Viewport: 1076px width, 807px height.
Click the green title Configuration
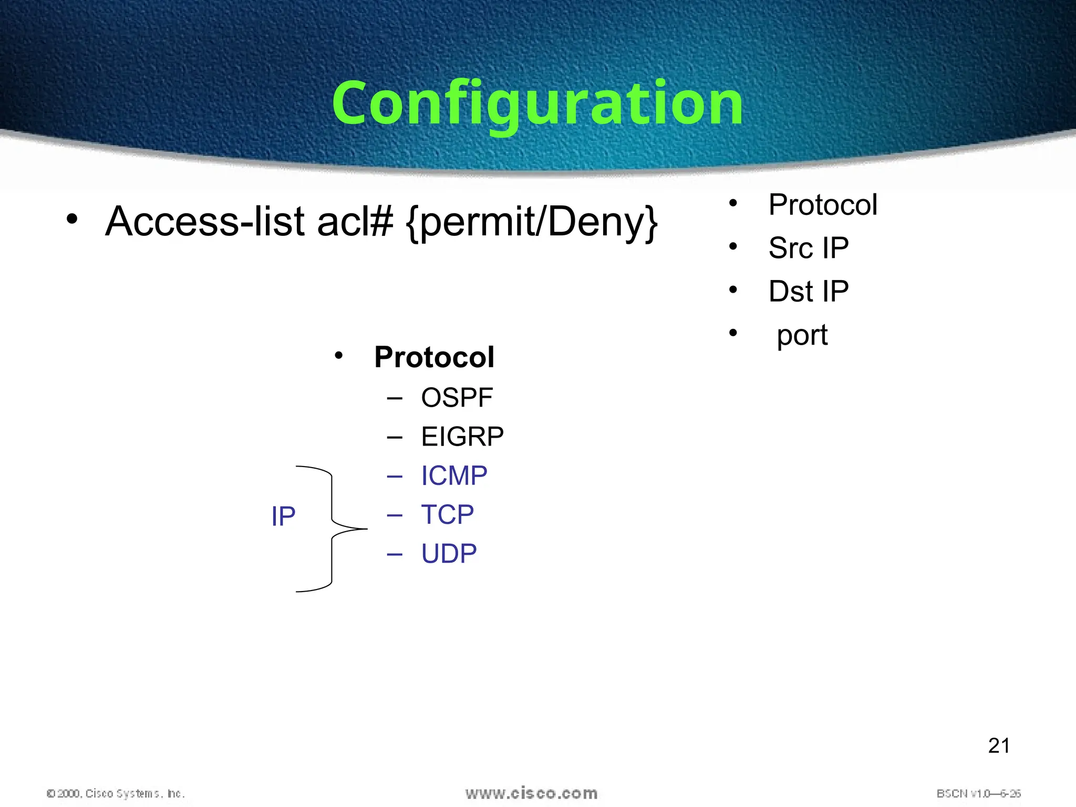pyautogui.click(x=537, y=104)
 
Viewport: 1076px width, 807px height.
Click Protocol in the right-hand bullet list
pyautogui.click(x=822, y=205)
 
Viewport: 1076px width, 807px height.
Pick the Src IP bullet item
pyautogui.click(x=808, y=248)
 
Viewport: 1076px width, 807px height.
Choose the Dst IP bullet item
pyautogui.click(x=808, y=292)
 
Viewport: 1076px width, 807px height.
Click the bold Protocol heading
pyautogui.click(x=434, y=357)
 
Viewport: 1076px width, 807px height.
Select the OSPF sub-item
pyautogui.click(x=457, y=398)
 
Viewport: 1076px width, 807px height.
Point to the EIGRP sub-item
pyautogui.click(x=462, y=437)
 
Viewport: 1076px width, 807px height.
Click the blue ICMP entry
pyautogui.click(x=454, y=475)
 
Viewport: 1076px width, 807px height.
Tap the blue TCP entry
pyautogui.click(x=447, y=514)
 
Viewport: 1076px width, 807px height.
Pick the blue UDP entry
pyautogui.click(x=449, y=553)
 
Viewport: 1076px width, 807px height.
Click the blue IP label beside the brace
pyautogui.click(x=283, y=516)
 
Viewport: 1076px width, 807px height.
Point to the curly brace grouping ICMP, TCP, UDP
pyautogui.click(x=332, y=529)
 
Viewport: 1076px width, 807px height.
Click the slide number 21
pyautogui.click(x=998, y=746)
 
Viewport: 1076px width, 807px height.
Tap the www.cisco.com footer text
pyautogui.click(x=531, y=793)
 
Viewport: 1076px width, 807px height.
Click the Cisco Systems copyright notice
pyautogui.click(x=116, y=793)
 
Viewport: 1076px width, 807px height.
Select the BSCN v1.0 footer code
pyautogui.click(x=978, y=793)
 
